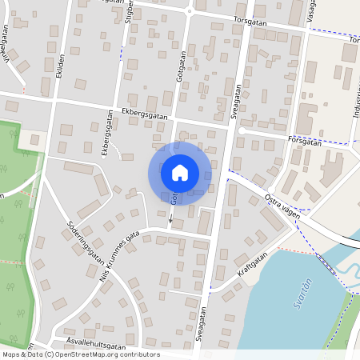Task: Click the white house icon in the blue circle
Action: (179, 172)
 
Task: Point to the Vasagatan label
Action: (313, 12)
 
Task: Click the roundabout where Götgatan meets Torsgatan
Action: (190, 10)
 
